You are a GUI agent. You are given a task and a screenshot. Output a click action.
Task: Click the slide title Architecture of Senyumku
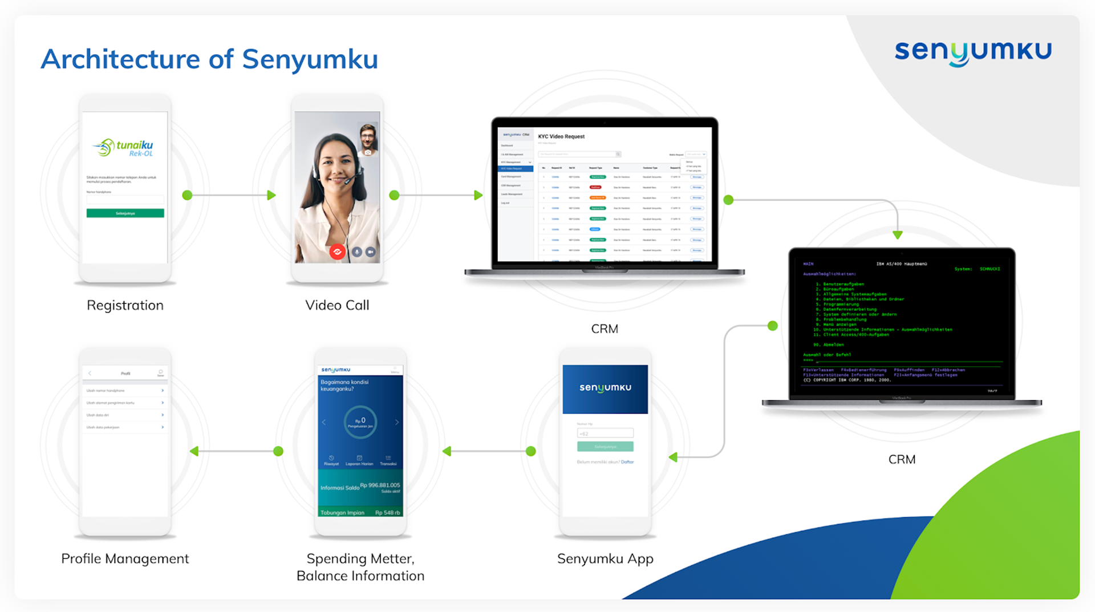coord(209,59)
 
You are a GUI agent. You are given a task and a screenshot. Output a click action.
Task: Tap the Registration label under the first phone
coord(125,305)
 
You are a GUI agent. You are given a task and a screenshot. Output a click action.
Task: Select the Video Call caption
coord(337,305)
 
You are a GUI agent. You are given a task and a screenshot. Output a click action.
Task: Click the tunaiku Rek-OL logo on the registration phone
coord(124,148)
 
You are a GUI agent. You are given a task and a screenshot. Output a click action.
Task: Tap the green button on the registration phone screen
coord(125,213)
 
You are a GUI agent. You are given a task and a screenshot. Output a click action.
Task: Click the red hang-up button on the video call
coord(337,252)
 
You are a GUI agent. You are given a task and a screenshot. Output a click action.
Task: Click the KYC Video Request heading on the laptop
coord(561,137)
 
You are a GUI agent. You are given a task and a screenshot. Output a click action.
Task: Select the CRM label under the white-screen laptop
coord(605,329)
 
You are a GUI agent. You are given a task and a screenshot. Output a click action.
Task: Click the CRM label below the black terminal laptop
coord(902,459)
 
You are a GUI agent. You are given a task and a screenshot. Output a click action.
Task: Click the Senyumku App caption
coord(605,558)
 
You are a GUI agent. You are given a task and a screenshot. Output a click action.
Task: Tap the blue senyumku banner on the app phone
coord(605,388)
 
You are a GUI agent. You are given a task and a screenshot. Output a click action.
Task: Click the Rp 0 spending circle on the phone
coord(360,422)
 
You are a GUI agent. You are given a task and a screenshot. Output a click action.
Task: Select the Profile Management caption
coord(125,558)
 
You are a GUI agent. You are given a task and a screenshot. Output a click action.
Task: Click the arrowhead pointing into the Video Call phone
coord(272,195)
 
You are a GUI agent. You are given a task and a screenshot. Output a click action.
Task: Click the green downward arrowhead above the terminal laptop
coord(898,234)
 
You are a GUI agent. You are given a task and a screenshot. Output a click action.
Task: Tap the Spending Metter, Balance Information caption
coord(360,567)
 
